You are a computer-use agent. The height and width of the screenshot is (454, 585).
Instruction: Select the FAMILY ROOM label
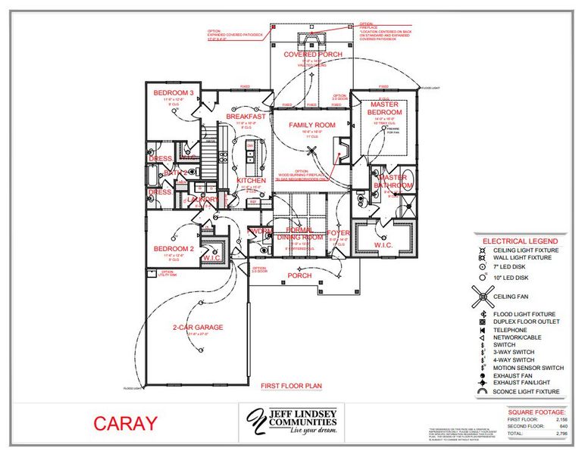point(311,124)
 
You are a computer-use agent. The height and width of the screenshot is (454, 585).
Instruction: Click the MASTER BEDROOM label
point(384,107)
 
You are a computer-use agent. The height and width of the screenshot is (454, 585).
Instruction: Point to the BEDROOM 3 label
point(174,93)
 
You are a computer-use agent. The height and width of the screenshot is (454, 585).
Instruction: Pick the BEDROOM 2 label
point(174,249)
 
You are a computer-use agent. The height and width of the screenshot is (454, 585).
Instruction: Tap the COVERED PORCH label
point(312,55)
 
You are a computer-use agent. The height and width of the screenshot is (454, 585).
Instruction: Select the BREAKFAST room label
point(246,117)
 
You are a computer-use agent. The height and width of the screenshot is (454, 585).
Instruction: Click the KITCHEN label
point(251,181)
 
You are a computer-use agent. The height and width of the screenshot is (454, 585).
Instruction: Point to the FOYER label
point(338,233)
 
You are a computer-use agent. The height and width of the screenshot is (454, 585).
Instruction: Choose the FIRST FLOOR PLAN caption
point(292,385)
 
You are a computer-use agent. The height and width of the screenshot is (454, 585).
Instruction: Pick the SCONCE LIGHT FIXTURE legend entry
point(526,391)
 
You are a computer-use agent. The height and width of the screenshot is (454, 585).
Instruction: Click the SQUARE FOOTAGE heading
point(535,412)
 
